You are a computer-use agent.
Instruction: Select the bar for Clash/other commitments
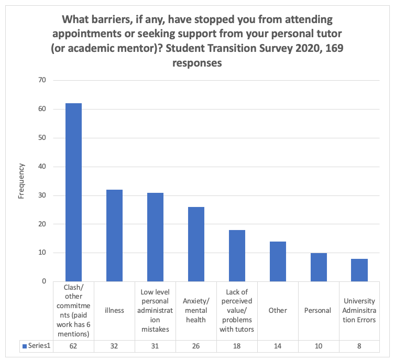point(73,192)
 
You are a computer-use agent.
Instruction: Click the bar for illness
point(114,235)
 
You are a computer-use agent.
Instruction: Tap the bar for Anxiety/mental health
point(196,244)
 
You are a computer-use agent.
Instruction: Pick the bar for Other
point(278,261)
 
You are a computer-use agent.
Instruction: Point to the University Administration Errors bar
point(359,270)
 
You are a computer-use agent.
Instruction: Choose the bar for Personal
point(319,267)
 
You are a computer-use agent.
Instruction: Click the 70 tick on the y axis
point(41,80)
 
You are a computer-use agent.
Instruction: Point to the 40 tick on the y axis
point(41,167)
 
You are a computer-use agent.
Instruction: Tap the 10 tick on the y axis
point(41,253)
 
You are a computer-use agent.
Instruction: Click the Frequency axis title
point(21,181)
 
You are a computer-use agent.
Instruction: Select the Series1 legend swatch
point(24,346)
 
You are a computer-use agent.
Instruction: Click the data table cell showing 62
point(73,346)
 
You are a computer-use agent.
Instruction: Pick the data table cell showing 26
point(196,346)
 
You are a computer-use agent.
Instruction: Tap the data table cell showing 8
point(359,346)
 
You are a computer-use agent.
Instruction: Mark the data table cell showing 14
point(278,346)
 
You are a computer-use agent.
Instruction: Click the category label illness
point(114,310)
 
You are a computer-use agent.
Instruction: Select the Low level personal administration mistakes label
point(155,310)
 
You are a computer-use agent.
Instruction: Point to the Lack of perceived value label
point(237,310)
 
